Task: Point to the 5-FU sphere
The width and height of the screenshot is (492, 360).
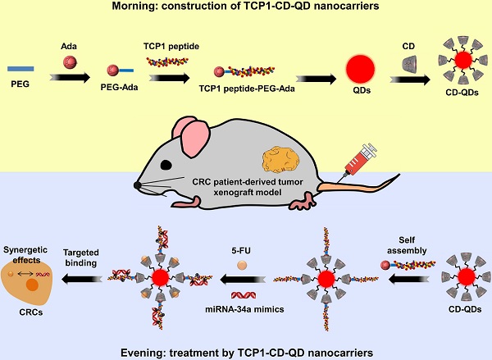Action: pyautogui.click(x=241, y=265)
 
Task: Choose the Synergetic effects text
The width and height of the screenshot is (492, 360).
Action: pyautogui.click(x=30, y=250)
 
